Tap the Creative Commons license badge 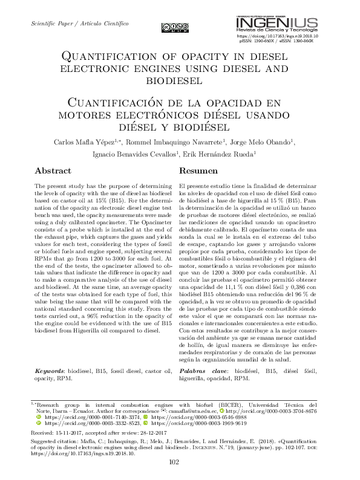(175, 27)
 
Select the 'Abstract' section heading (53, 171)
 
